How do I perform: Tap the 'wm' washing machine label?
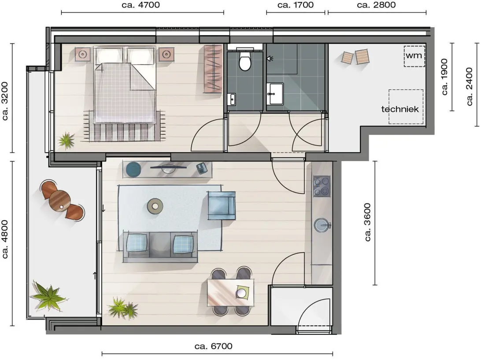pyautogui.click(x=414, y=56)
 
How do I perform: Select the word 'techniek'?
pyautogui.click(x=400, y=109)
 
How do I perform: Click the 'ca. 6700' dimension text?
pyautogui.click(x=214, y=346)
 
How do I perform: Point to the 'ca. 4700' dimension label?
pyautogui.click(x=141, y=5)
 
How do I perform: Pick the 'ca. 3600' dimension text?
pyautogui.click(x=367, y=222)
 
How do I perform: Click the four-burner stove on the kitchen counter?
pyautogui.click(x=322, y=186)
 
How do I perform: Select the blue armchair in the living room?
pyautogui.click(x=222, y=205)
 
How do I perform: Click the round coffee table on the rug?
pyautogui.click(x=155, y=206)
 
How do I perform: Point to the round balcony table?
pyautogui.click(x=60, y=200)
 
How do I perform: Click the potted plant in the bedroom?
pyautogui.click(x=66, y=141)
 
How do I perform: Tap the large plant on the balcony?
pyautogui.click(x=48, y=296)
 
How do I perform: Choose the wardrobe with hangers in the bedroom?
pyautogui.click(x=213, y=69)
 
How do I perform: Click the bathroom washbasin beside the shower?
pyautogui.click(x=275, y=93)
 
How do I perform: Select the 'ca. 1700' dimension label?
pyautogui.click(x=296, y=5)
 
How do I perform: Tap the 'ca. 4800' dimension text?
pyautogui.click(x=4, y=239)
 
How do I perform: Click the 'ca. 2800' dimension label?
pyautogui.click(x=377, y=5)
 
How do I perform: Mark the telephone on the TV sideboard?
pyautogui.click(x=202, y=168)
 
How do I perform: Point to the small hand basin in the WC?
pyautogui.click(x=232, y=99)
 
